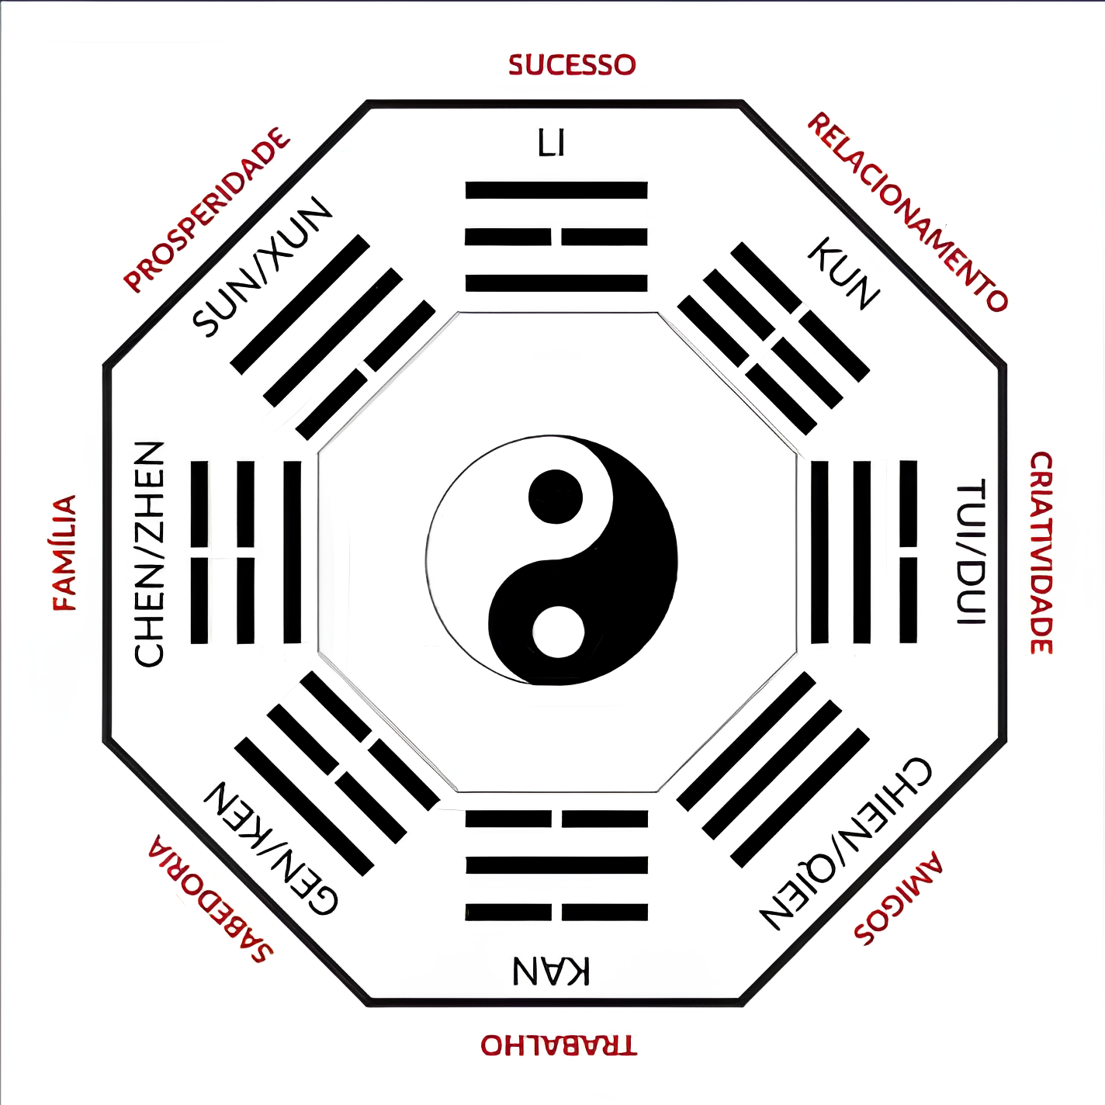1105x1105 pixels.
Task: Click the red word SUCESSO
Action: (x=572, y=65)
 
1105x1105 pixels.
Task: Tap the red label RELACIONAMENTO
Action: (x=906, y=212)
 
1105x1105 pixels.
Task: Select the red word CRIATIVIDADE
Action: (x=1041, y=552)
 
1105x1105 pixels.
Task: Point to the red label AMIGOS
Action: (x=898, y=906)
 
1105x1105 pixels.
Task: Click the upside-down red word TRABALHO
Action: (x=559, y=1045)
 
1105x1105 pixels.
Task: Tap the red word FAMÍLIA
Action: (x=64, y=553)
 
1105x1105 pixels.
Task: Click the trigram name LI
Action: (x=552, y=143)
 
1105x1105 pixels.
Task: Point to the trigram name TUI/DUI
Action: (x=970, y=552)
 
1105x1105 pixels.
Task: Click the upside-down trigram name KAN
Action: (x=551, y=971)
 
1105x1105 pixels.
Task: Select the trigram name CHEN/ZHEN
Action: (x=149, y=554)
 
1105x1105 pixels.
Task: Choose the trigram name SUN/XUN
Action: (x=262, y=267)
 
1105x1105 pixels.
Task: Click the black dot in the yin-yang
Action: (x=555, y=497)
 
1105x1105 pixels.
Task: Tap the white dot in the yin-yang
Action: (x=558, y=632)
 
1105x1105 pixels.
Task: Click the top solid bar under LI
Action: (x=556, y=190)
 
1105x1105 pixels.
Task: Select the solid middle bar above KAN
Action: (x=557, y=865)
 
